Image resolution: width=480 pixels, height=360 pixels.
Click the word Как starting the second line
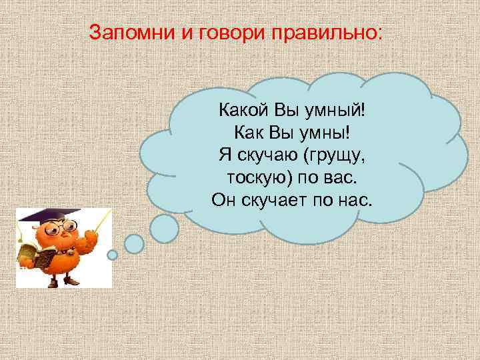point(250,132)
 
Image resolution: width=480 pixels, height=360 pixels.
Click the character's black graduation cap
point(41,215)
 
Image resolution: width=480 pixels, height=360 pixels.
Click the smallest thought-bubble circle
point(113,255)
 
